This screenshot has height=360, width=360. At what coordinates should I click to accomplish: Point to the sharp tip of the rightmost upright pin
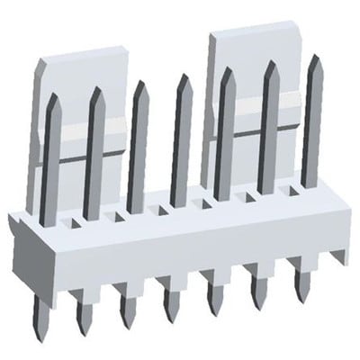pos(315,59)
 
